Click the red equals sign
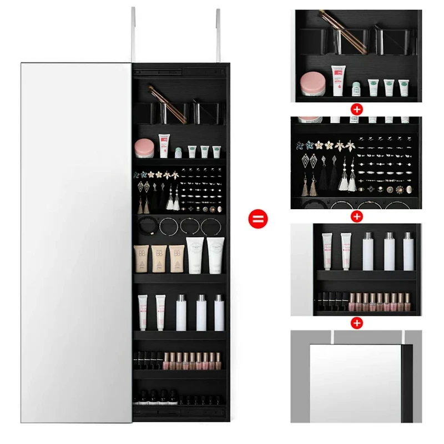(x=259, y=217)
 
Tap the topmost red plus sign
(x=357, y=109)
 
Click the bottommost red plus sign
(x=357, y=322)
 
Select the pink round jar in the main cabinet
(x=144, y=148)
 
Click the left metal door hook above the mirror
(x=133, y=33)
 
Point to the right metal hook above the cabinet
(x=218, y=33)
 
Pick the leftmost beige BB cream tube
(x=142, y=259)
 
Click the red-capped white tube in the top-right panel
(x=337, y=80)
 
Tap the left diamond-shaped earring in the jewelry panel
(x=307, y=162)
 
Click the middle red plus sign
(x=357, y=216)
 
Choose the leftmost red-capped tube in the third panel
(x=327, y=248)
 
